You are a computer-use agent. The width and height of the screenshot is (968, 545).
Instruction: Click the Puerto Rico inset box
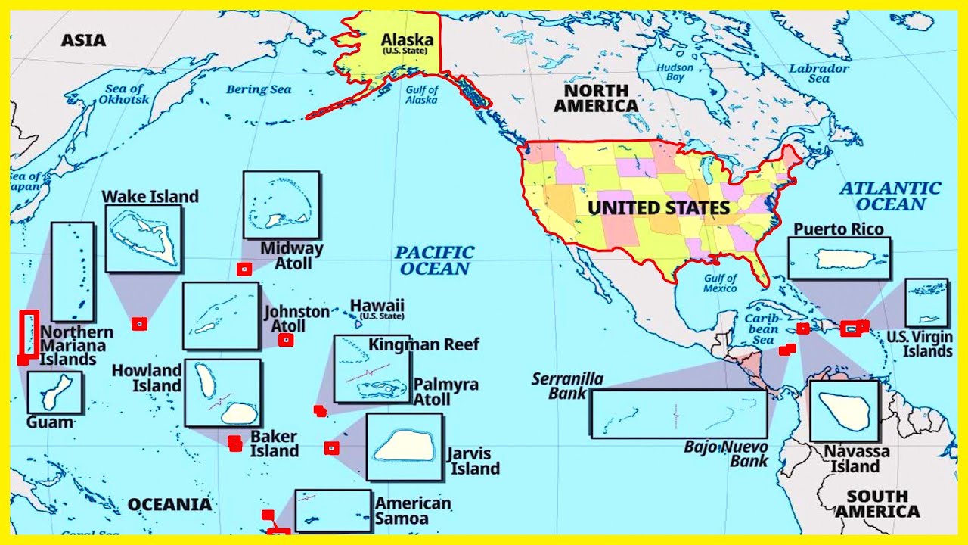[x=839, y=259]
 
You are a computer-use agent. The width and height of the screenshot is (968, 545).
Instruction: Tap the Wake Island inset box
[x=143, y=238]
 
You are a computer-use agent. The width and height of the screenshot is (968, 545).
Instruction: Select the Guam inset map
[x=54, y=392]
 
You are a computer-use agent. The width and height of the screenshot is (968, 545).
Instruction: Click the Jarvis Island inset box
[x=405, y=447]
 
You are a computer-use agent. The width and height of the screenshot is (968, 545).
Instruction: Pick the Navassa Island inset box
[x=844, y=411]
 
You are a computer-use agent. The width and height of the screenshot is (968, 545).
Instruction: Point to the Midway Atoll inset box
[x=281, y=204]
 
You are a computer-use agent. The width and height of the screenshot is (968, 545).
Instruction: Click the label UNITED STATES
[x=659, y=207]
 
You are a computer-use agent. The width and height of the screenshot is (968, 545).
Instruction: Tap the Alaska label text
[x=407, y=40]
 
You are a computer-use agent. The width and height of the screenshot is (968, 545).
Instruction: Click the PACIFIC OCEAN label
[x=435, y=260]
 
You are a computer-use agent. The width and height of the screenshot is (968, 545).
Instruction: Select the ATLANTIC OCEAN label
[x=890, y=196]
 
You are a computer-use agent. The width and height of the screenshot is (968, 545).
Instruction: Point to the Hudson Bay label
[x=675, y=72]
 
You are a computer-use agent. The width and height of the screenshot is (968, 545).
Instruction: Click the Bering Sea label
[x=259, y=89]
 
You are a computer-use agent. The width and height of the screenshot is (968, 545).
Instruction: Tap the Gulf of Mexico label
[x=720, y=283]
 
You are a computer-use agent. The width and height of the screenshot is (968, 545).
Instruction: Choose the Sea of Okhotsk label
[x=127, y=94]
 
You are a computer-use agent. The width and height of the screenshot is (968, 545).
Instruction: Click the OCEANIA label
[x=169, y=504]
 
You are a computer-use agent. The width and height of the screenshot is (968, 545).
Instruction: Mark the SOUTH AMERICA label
[x=877, y=503]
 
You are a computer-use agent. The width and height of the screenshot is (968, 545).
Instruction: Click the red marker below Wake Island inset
[x=138, y=324]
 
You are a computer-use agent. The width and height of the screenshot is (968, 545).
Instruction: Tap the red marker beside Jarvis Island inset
[x=331, y=448]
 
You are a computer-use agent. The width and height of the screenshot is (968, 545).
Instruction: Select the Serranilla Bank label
[x=567, y=385]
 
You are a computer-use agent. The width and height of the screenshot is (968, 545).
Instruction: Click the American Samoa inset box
[x=333, y=510]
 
